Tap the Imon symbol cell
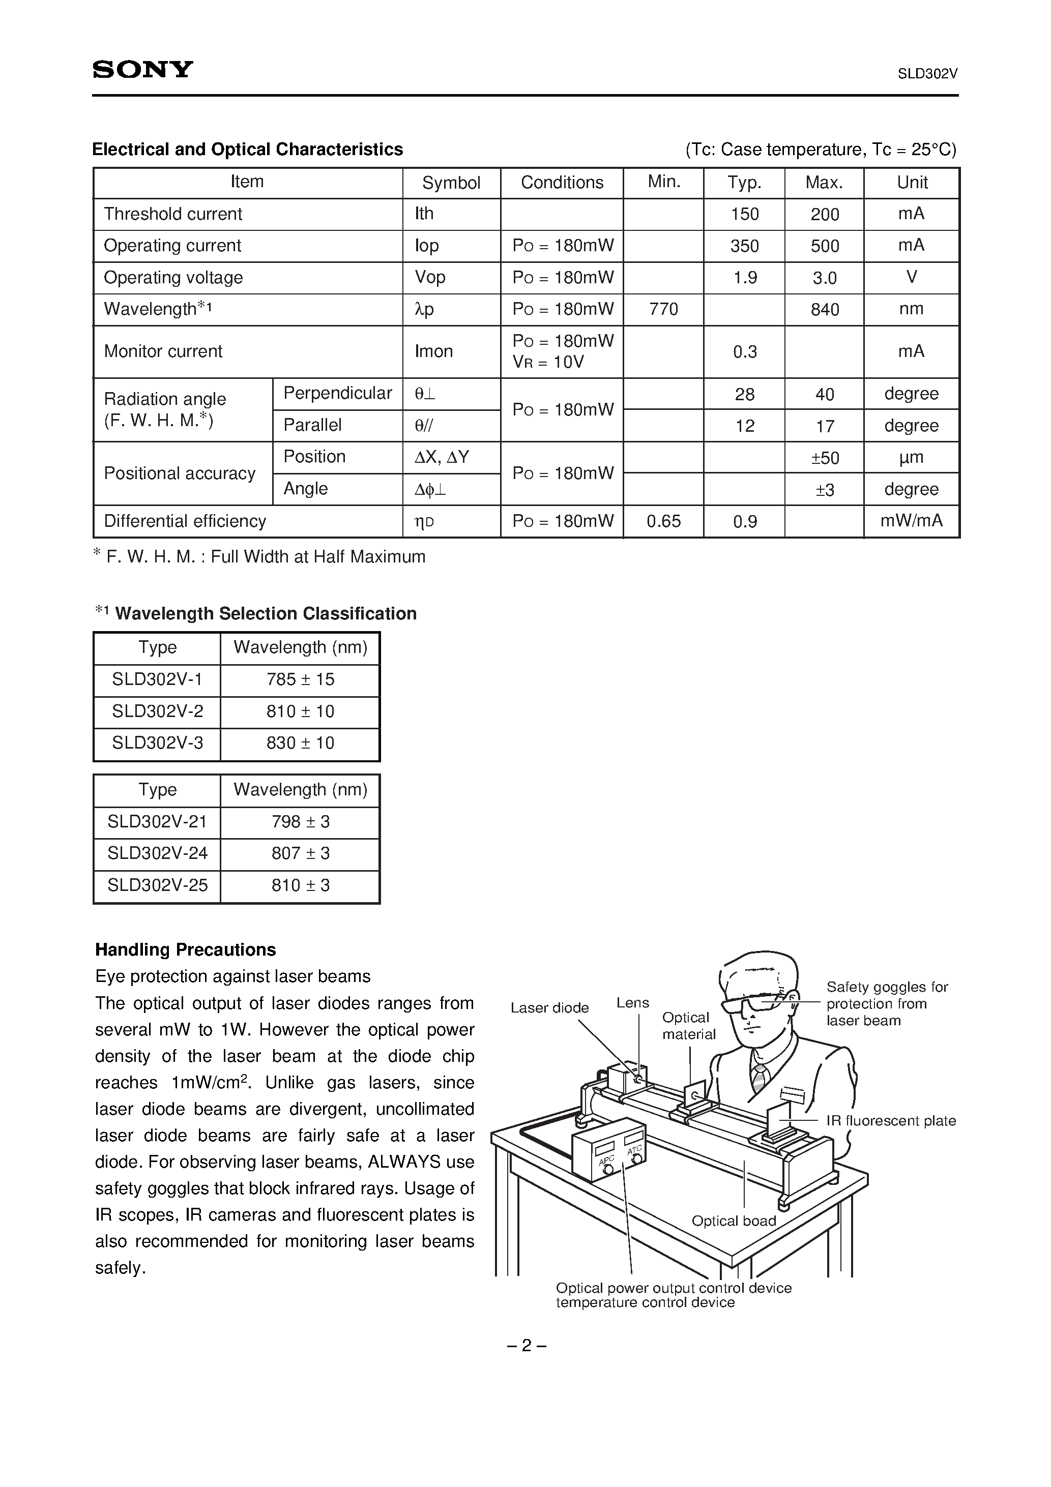(x=433, y=352)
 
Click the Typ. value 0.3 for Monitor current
(x=745, y=352)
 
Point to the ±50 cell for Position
(x=824, y=458)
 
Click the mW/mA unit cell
(x=911, y=521)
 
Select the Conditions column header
(x=562, y=183)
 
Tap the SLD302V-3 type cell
(x=158, y=743)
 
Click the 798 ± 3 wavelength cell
(x=300, y=822)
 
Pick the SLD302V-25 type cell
(x=158, y=885)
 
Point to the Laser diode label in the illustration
(x=549, y=1008)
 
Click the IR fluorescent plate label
(x=891, y=1121)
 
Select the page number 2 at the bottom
(x=526, y=1346)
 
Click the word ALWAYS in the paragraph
(x=404, y=1162)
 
